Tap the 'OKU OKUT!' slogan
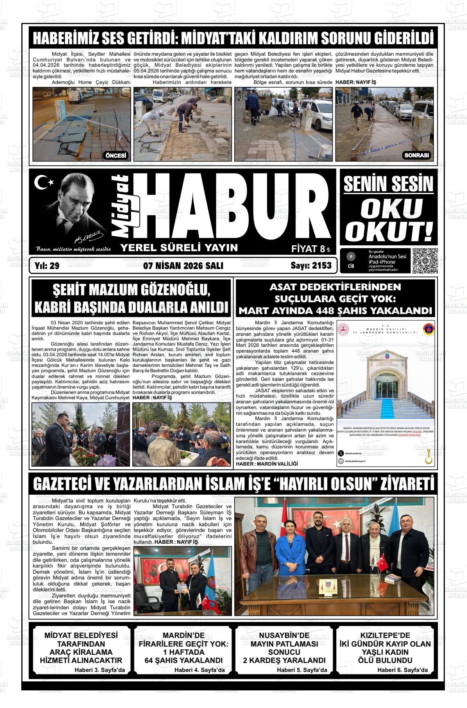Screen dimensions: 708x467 point(388,219)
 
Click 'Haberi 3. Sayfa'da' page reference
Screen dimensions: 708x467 point(100,670)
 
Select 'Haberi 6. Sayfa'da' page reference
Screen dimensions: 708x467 point(402,670)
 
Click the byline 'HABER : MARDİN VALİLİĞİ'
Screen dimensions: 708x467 point(267,464)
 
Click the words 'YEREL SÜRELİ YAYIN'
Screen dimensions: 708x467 point(179,247)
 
